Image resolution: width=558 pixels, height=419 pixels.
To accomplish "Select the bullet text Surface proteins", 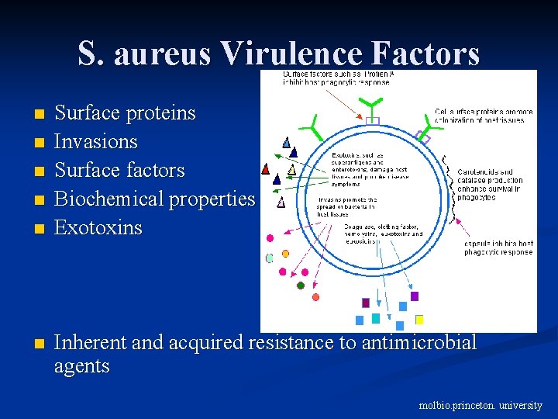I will point(124,113).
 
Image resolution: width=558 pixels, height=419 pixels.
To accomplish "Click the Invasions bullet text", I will point(95,142).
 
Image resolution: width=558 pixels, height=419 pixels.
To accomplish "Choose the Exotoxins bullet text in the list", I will point(98,228).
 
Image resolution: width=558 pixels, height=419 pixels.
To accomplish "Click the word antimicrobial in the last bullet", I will point(419,342).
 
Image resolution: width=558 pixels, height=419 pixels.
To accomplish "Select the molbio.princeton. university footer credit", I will point(480,405).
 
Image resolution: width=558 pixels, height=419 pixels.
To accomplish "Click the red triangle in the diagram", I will point(266,168).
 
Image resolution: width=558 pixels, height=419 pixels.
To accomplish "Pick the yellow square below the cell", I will point(419,320).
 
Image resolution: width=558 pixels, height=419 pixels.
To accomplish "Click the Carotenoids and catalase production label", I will point(491,185).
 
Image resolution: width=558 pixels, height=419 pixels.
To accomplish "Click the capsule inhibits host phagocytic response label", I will point(498,248).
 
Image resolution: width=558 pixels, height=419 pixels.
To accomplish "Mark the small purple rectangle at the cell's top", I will point(373,121).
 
